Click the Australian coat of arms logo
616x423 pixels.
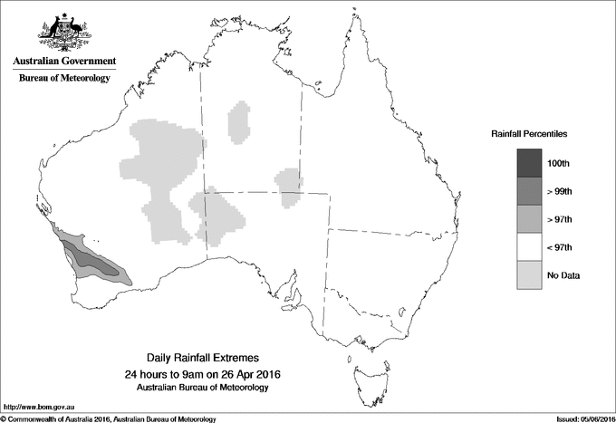click(64, 33)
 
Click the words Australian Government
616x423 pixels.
click(64, 62)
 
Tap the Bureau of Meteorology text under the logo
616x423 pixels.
click(64, 79)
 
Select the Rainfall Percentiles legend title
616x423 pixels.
click(529, 133)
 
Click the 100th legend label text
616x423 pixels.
click(559, 163)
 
